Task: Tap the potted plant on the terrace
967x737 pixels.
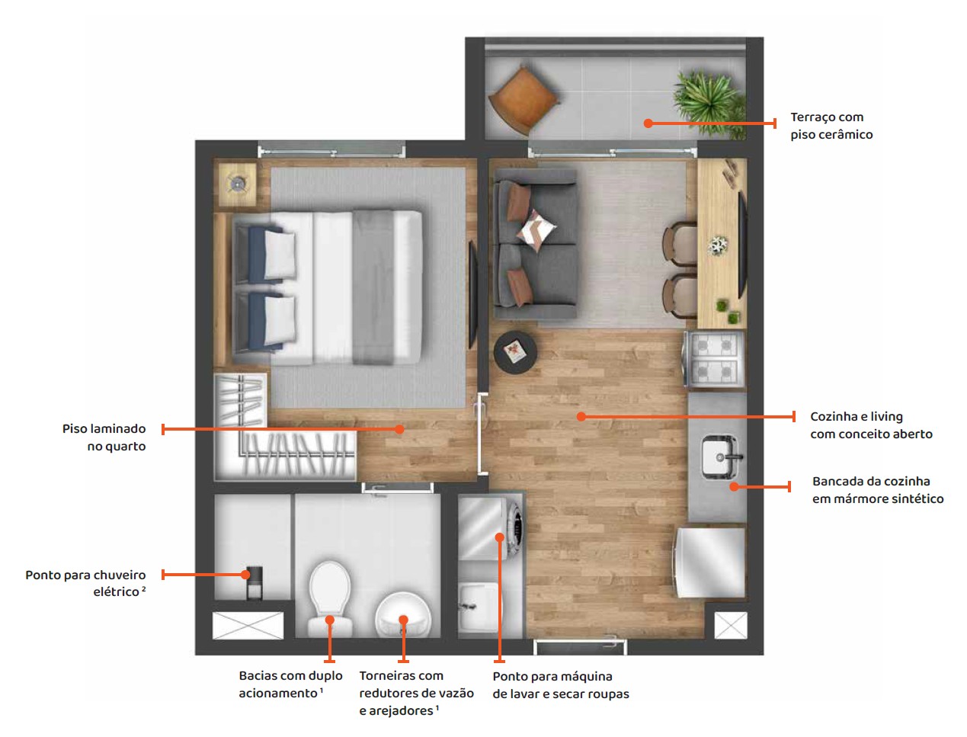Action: click(x=709, y=102)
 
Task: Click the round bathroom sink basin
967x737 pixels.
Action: click(x=403, y=615)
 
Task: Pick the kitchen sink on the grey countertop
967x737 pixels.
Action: click(x=719, y=457)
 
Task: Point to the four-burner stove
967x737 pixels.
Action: click(x=714, y=360)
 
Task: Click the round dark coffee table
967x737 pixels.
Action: click(x=515, y=352)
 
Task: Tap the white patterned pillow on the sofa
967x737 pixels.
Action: click(x=536, y=231)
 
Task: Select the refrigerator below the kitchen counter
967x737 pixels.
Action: click(x=709, y=562)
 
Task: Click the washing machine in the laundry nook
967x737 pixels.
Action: click(x=490, y=529)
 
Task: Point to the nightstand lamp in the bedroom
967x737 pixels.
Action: click(x=238, y=184)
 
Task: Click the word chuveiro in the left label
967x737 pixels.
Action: click(x=120, y=575)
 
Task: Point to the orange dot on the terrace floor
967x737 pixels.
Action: click(x=648, y=123)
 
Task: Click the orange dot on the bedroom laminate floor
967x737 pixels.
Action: click(x=399, y=429)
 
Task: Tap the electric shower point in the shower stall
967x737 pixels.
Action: click(x=254, y=582)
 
